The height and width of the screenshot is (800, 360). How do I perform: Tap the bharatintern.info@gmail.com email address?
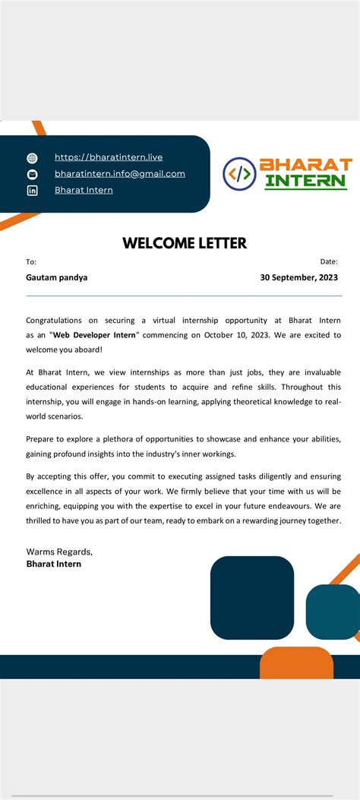point(120,173)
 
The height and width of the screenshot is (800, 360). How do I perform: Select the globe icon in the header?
point(32,158)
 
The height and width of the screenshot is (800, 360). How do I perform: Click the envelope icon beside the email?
point(32,174)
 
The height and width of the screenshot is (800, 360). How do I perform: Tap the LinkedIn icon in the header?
point(32,190)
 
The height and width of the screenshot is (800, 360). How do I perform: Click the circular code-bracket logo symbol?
point(239,173)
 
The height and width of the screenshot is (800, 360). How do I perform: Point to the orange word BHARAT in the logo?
point(306,165)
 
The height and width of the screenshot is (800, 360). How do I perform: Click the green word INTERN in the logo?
point(306,182)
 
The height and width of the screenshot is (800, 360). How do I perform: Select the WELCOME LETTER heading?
point(185,243)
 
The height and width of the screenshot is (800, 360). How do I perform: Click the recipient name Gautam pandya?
point(57,277)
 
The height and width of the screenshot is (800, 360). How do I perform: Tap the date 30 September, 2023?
point(299,277)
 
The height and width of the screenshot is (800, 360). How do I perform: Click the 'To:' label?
point(31,261)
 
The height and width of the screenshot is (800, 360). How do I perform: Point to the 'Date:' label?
point(329,261)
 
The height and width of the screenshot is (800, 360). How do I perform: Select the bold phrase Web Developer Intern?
point(95,334)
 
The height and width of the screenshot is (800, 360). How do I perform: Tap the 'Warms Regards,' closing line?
point(59,551)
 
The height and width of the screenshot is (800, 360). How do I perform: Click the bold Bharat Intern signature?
point(54,564)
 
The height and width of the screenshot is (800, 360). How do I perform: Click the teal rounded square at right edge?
point(334,611)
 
